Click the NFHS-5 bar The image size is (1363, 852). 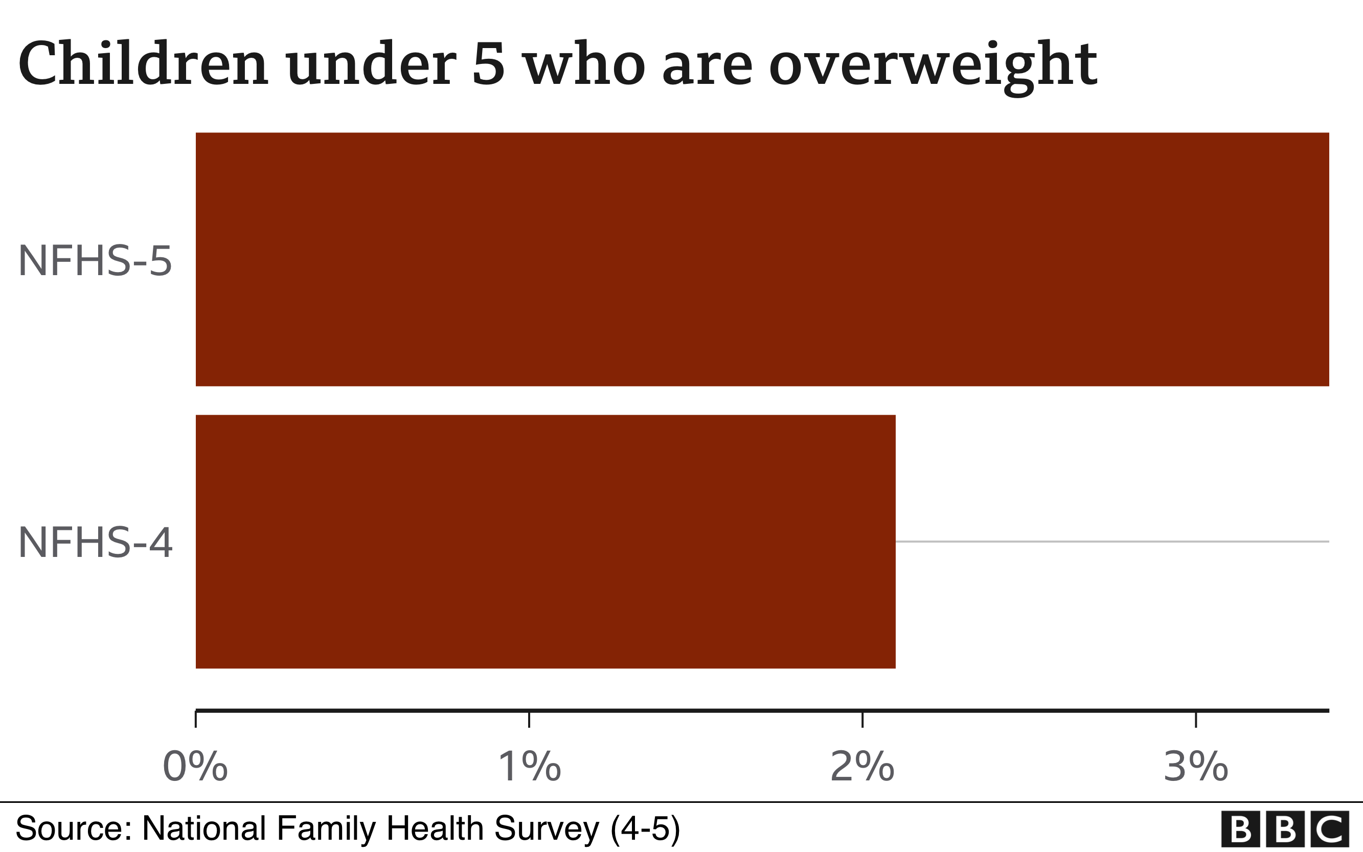(x=762, y=259)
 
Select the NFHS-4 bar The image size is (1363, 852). (x=545, y=542)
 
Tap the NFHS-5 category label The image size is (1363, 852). (x=95, y=261)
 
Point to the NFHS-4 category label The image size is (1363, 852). (x=95, y=543)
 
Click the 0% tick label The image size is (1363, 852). (x=195, y=767)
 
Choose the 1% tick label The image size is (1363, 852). (x=530, y=767)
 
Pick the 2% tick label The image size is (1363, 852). (x=862, y=767)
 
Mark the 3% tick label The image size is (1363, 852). (x=1196, y=767)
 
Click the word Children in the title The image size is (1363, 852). (x=143, y=65)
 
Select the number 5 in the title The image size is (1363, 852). (x=488, y=65)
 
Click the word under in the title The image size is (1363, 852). (x=371, y=65)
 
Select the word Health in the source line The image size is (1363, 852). (x=434, y=828)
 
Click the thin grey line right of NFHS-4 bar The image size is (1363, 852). (x=1112, y=542)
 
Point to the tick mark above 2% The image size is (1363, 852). (x=862, y=720)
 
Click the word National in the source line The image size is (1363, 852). (x=204, y=828)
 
